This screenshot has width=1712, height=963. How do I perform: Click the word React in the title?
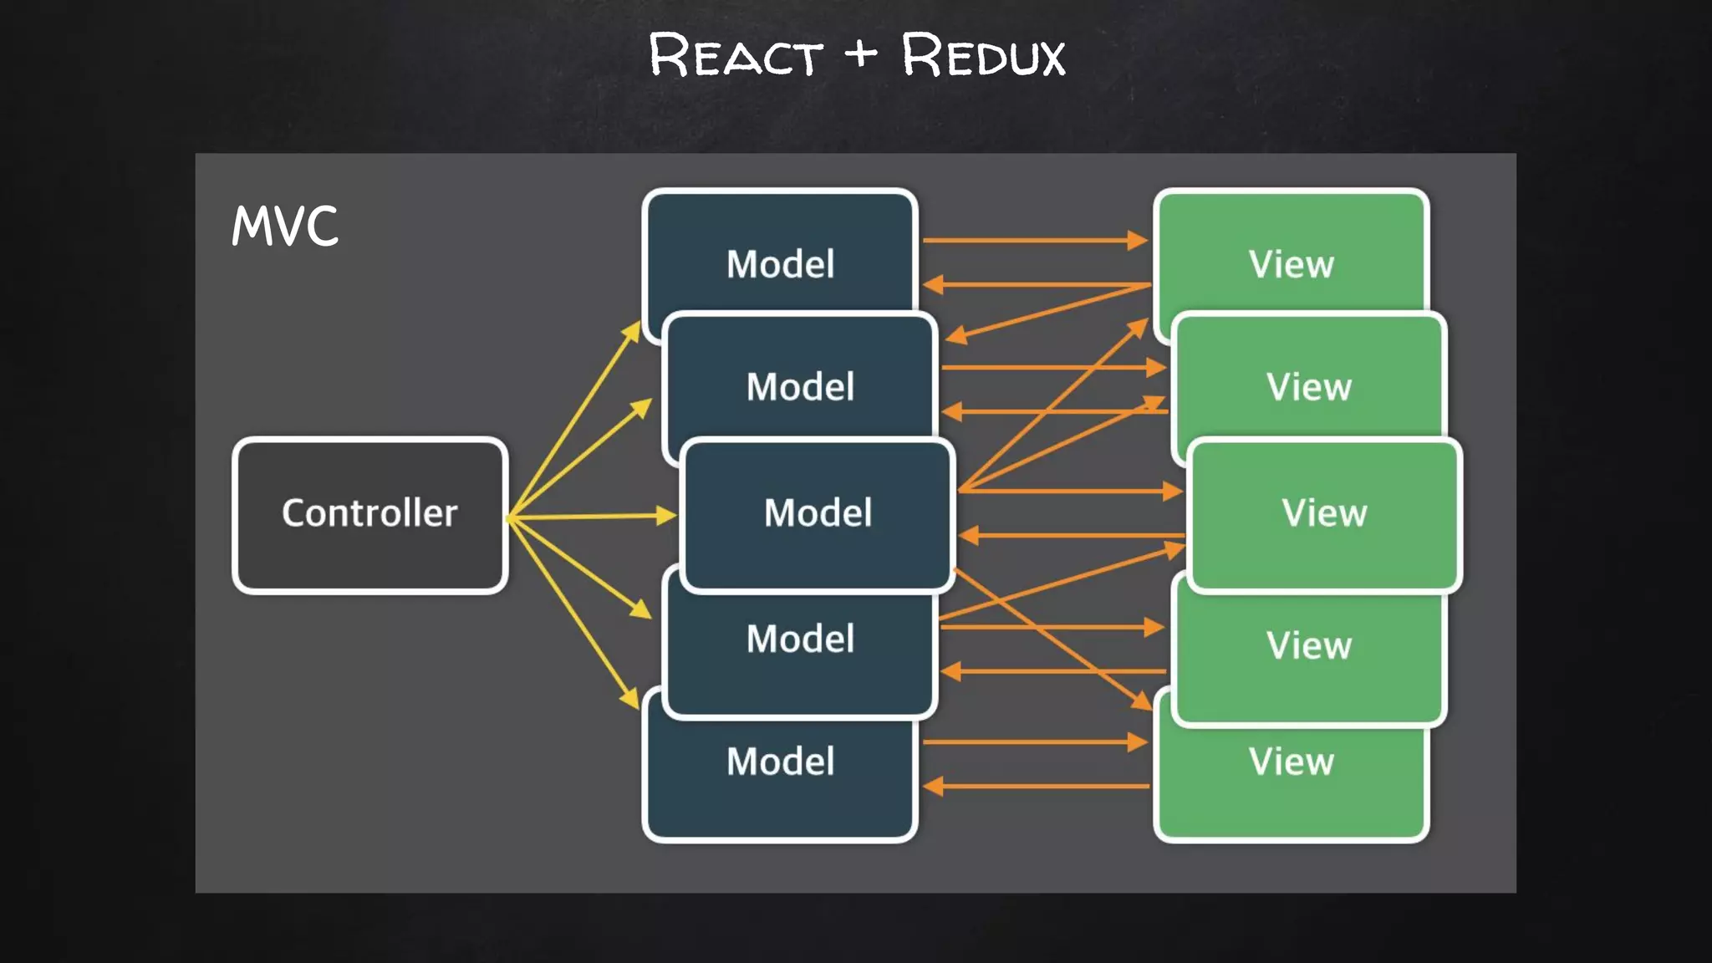pyautogui.click(x=736, y=56)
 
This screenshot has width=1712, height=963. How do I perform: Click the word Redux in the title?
pyautogui.click(x=983, y=56)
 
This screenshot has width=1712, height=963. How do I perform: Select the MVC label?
pyautogui.click(x=285, y=226)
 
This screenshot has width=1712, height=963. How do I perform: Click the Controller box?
pyautogui.click(x=370, y=514)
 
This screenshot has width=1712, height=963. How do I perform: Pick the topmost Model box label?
pyautogui.click(x=780, y=264)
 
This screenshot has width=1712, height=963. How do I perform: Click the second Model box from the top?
pyautogui.click(x=800, y=386)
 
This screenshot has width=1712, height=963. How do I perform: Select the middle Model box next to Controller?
pyautogui.click(x=818, y=512)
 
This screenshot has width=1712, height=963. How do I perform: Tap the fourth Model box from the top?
pyautogui.click(x=800, y=639)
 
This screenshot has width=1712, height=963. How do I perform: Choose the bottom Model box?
pyautogui.click(x=780, y=762)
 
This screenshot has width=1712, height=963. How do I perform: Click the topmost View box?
pyautogui.click(x=1291, y=264)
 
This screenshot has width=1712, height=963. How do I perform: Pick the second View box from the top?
pyautogui.click(x=1308, y=386)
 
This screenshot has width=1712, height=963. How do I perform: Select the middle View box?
pyautogui.click(x=1324, y=512)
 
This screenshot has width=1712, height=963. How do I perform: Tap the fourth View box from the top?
pyautogui.click(x=1308, y=645)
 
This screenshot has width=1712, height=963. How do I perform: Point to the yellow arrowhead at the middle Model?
pyautogui.click(x=667, y=516)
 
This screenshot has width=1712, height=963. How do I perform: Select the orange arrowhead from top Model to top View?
pyautogui.click(x=1138, y=241)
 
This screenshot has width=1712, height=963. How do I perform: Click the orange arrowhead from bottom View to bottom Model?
pyautogui.click(x=933, y=786)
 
